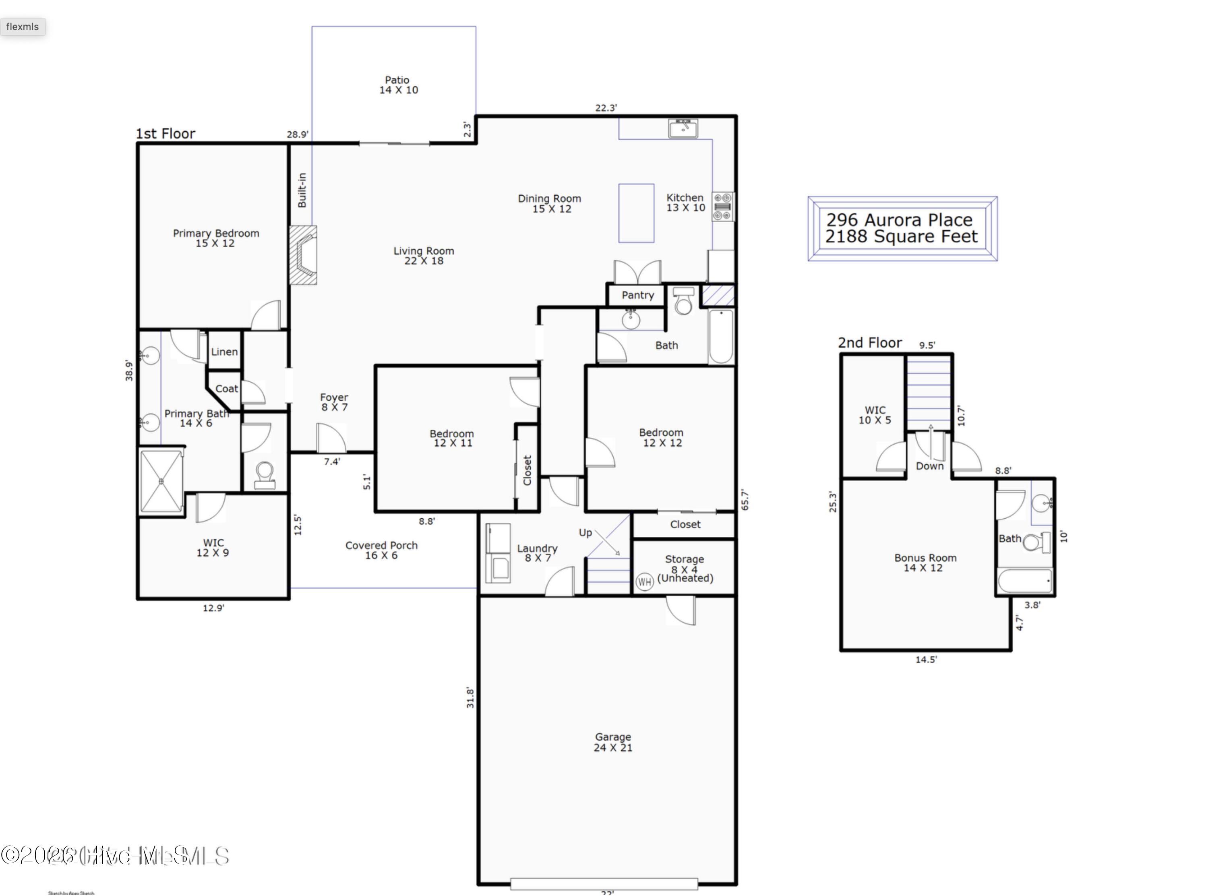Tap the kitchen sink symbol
[683, 128]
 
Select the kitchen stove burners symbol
[723, 207]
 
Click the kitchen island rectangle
[636, 213]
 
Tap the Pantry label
[637, 295]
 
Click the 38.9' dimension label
[128, 370]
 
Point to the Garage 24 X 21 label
[613, 742]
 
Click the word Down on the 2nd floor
[929, 466]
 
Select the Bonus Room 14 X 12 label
[925, 563]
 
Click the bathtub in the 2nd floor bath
[1025, 581]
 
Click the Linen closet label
[224, 352]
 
